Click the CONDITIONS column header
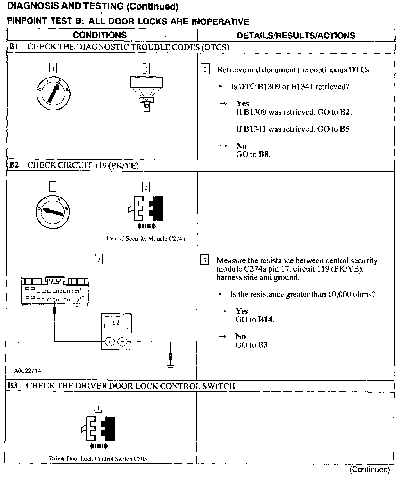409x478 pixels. (x=100, y=35)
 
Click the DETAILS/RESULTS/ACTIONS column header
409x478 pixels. (x=296, y=35)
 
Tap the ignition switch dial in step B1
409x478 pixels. (x=53, y=93)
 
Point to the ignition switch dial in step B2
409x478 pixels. (x=53, y=211)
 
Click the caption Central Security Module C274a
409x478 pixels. (x=146, y=239)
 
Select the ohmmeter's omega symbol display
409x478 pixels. (x=116, y=323)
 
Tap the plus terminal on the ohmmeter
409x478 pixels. (x=109, y=342)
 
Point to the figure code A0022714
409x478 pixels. (x=28, y=371)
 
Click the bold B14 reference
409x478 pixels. (x=265, y=320)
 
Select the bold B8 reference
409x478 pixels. (x=264, y=154)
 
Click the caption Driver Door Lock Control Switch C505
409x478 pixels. (x=98, y=459)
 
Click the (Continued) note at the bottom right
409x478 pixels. (x=370, y=470)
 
